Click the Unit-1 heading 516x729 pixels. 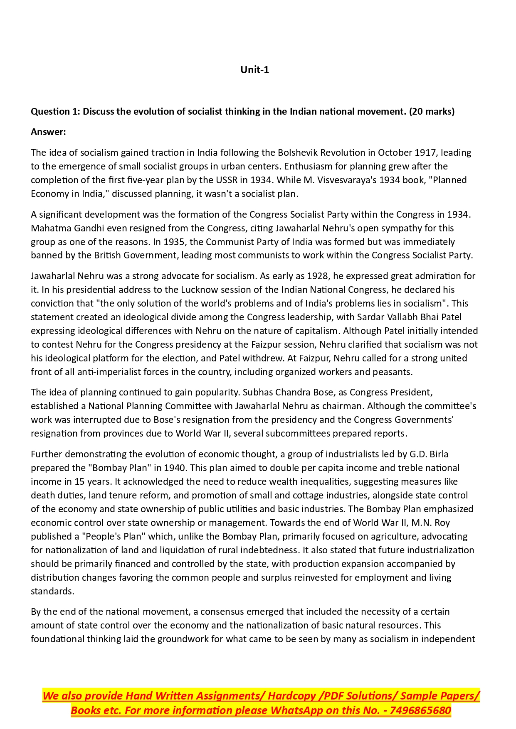coord(254,70)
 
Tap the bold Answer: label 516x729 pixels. coord(48,132)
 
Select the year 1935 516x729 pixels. coord(175,242)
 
